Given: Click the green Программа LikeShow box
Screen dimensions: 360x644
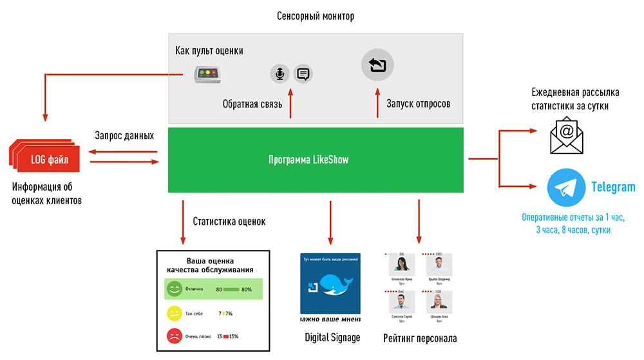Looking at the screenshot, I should [x=316, y=160].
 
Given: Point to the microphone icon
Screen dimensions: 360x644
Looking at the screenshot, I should [x=279, y=74].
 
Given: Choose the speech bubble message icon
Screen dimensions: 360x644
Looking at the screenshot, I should [x=303, y=74].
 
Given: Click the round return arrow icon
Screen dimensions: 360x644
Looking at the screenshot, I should [x=377, y=64].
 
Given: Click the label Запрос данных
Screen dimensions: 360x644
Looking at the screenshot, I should [x=124, y=136].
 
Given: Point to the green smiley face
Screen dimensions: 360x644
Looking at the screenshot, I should [x=175, y=289].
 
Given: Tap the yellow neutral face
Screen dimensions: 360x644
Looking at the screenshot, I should [x=175, y=313].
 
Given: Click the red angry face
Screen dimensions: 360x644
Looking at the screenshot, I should [x=175, y=336].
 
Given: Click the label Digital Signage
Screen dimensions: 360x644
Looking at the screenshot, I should [x=332, y=337].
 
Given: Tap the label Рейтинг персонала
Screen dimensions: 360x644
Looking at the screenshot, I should [x=420, y=338].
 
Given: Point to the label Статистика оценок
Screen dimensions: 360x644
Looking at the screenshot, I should [x=229, y=222].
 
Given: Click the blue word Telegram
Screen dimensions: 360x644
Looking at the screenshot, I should [x=613, y=187].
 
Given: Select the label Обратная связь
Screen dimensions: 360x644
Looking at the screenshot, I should [x=252, y=104].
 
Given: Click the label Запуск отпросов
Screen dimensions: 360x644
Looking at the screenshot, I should [x=418, y=103].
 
